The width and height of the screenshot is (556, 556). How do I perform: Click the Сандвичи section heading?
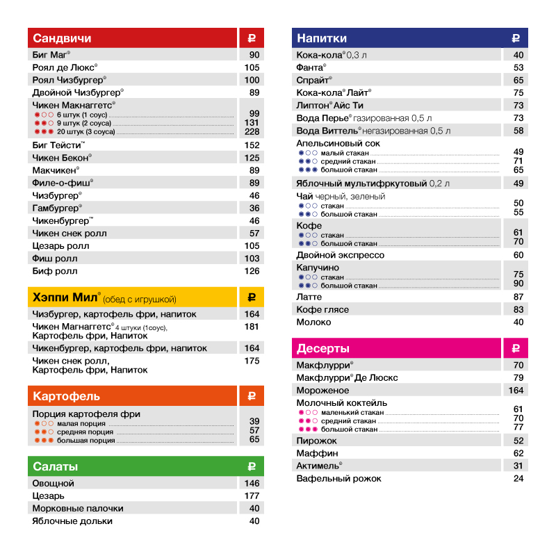pos(62,38)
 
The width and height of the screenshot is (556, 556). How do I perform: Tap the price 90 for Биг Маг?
pos(254,55)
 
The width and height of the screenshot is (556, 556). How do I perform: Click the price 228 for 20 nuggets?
pos(252,132)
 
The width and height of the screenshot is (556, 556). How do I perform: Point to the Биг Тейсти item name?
pos(58,145)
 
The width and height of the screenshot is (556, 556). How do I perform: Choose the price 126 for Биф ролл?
pos(252,271)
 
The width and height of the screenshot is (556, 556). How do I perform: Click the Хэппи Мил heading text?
pos(67,297)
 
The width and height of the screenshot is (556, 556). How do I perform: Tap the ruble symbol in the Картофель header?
pos(252,396)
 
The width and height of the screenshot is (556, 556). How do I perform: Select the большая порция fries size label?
pos(86,440)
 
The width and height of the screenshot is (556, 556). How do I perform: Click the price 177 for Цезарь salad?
pos(252,496)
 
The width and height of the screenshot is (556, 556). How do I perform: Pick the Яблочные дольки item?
pos(72,521)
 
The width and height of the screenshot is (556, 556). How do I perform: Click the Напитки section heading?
pos(322,38)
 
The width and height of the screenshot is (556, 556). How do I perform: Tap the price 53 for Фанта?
pos(518,67)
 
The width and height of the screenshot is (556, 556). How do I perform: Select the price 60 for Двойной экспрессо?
pos(518,255)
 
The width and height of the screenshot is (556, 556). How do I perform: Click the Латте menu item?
pos(309,297)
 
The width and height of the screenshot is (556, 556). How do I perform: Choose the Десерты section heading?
pos(323,348)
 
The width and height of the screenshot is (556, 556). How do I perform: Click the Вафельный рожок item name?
pos(339,478)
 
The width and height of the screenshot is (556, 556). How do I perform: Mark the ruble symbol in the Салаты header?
pos(252,466)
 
